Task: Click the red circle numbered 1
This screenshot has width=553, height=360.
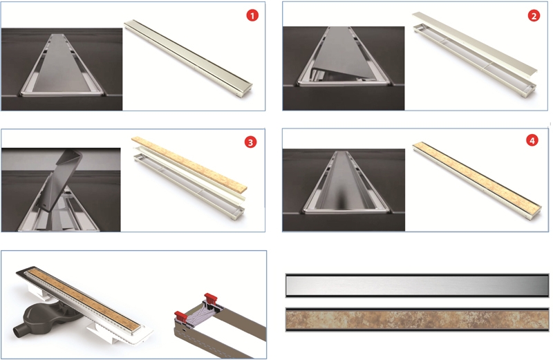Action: tap(252, 15)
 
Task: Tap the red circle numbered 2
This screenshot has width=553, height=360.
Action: tap(534, 16)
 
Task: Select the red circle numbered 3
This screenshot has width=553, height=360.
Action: tap(250, 142)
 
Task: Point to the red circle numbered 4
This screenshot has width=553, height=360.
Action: tap(532, 141)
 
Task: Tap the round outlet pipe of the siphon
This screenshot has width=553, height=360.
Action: tap(19, 332)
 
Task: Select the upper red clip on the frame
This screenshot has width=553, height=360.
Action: tap(211, 297)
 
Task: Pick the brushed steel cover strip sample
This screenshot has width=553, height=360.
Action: tap(418, 285)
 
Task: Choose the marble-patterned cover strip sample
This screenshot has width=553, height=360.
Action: tap(418, 320)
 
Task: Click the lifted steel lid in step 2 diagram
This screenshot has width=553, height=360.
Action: tap(474, 42)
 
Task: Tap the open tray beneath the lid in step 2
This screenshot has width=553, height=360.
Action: tap(474, 61)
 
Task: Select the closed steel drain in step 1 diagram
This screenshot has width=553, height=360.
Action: tap(188, 59)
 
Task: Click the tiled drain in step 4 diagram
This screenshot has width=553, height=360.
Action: tap(477, 181)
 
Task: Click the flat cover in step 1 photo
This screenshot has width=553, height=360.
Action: tap(62, 64)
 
